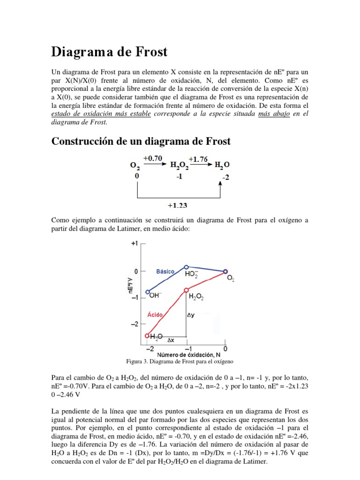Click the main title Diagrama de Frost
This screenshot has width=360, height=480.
tap(109, 52)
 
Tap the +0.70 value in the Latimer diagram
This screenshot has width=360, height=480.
tap(153, 158)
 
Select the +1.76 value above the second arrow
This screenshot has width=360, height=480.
tap(198, 159)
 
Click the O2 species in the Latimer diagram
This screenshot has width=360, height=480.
tap(135, 165)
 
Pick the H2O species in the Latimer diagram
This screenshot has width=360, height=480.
tap(222, 165)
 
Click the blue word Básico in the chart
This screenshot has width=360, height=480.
tap(165, 271)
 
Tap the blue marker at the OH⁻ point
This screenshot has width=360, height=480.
tap(148, 292)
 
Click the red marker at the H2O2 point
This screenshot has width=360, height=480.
tap(187, 290)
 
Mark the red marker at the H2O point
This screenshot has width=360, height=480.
tap(148, 336)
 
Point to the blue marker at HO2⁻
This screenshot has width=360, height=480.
tap(187, 267)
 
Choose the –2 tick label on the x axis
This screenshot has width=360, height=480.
tap(150, 349)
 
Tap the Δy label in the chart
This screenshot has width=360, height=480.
tap(191, 315)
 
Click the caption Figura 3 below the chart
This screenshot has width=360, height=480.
tap(180, 362)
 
